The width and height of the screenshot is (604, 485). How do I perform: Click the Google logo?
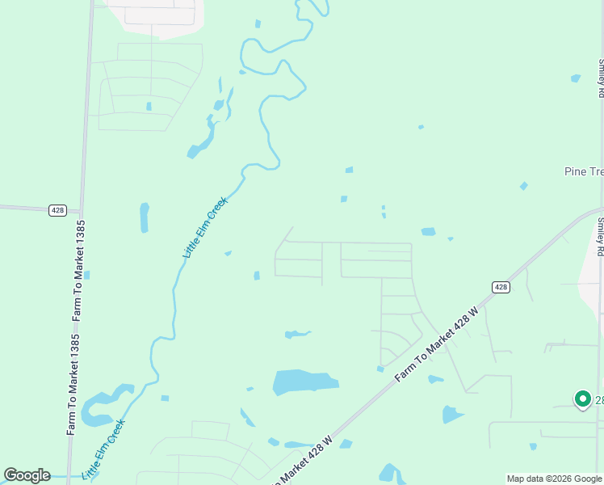[27, 475]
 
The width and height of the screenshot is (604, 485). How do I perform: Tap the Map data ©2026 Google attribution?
[554, 479]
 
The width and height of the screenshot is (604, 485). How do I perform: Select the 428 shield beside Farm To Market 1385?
[57, 210]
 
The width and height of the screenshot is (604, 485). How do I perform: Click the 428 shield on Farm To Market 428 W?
[501, 287]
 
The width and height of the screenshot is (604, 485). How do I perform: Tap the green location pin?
[582, 399]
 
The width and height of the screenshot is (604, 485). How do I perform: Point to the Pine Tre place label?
[583, 172]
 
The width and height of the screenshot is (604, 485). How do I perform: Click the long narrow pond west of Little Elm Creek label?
[145, 217]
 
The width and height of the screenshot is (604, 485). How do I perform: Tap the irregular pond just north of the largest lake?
[296, 334]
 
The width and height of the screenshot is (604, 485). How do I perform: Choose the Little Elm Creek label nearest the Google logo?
[105, 448]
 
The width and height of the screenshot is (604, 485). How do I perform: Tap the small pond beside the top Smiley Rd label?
[575, 78]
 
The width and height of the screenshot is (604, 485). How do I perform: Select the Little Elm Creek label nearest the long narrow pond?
[205, 228]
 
